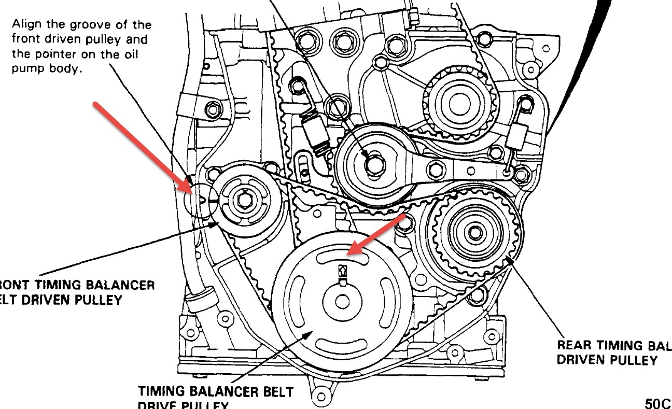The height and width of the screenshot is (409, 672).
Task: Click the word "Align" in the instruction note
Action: (x=27, y=24)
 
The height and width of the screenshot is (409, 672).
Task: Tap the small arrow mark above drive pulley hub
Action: (x=342, y=270)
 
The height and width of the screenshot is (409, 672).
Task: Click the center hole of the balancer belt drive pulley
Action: (x=342, y=302)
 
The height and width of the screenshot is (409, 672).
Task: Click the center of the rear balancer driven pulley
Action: (x=474, y=232)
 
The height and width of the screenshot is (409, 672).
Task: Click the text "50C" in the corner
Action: (x=658, y=402)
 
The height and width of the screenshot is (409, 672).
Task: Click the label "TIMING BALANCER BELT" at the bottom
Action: (x=215, y=391)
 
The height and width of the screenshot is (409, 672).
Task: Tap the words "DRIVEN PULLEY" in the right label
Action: (x=607, y=360)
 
